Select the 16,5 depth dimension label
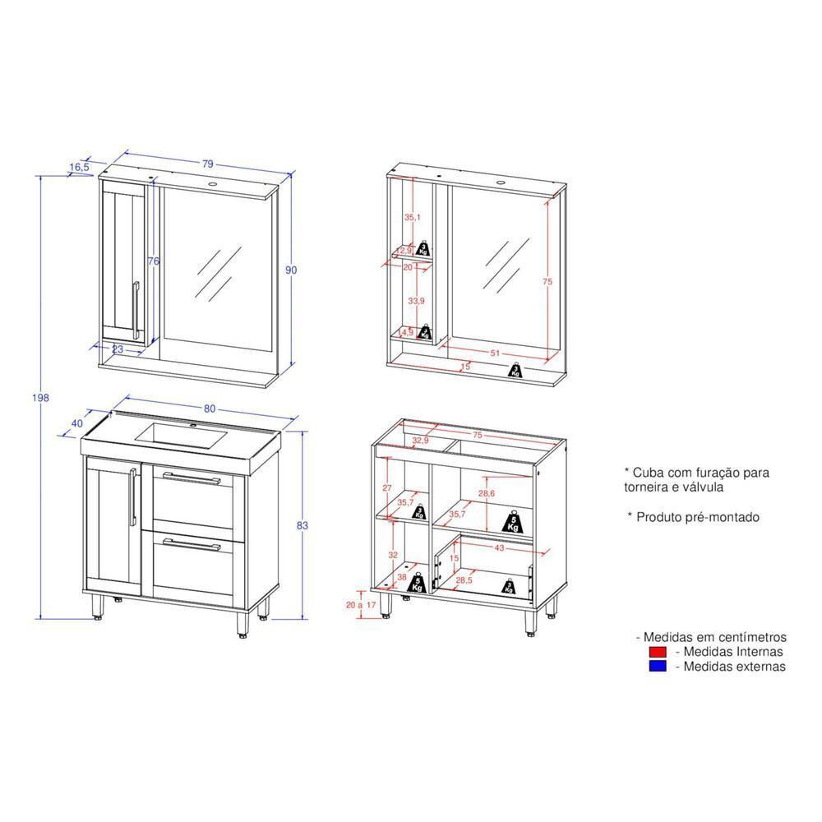pos(79,167)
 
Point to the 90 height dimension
pos(291,270)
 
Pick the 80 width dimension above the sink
pos(209,409)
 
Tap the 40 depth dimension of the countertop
pos(77,423)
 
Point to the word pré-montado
pos(721,517)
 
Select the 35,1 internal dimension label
pos(412,218)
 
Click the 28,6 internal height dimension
pos(487,493)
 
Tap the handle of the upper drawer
pos(192,478)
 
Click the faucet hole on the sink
pos(196,426)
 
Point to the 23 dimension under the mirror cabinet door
pos(118,349)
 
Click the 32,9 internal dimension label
pos(422,441)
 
